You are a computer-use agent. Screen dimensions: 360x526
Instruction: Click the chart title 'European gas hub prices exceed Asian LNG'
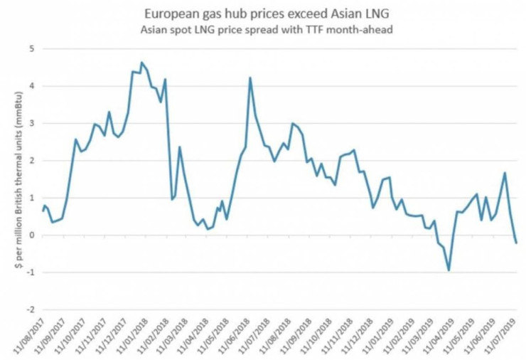click(263, 14)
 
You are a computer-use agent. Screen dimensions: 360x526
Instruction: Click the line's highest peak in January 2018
click(141, 63)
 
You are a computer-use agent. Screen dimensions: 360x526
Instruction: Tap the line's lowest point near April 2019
click(449, 270)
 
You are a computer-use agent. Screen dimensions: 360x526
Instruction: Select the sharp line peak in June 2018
click(250, 78)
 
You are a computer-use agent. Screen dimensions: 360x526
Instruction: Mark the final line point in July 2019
click(516, 243)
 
